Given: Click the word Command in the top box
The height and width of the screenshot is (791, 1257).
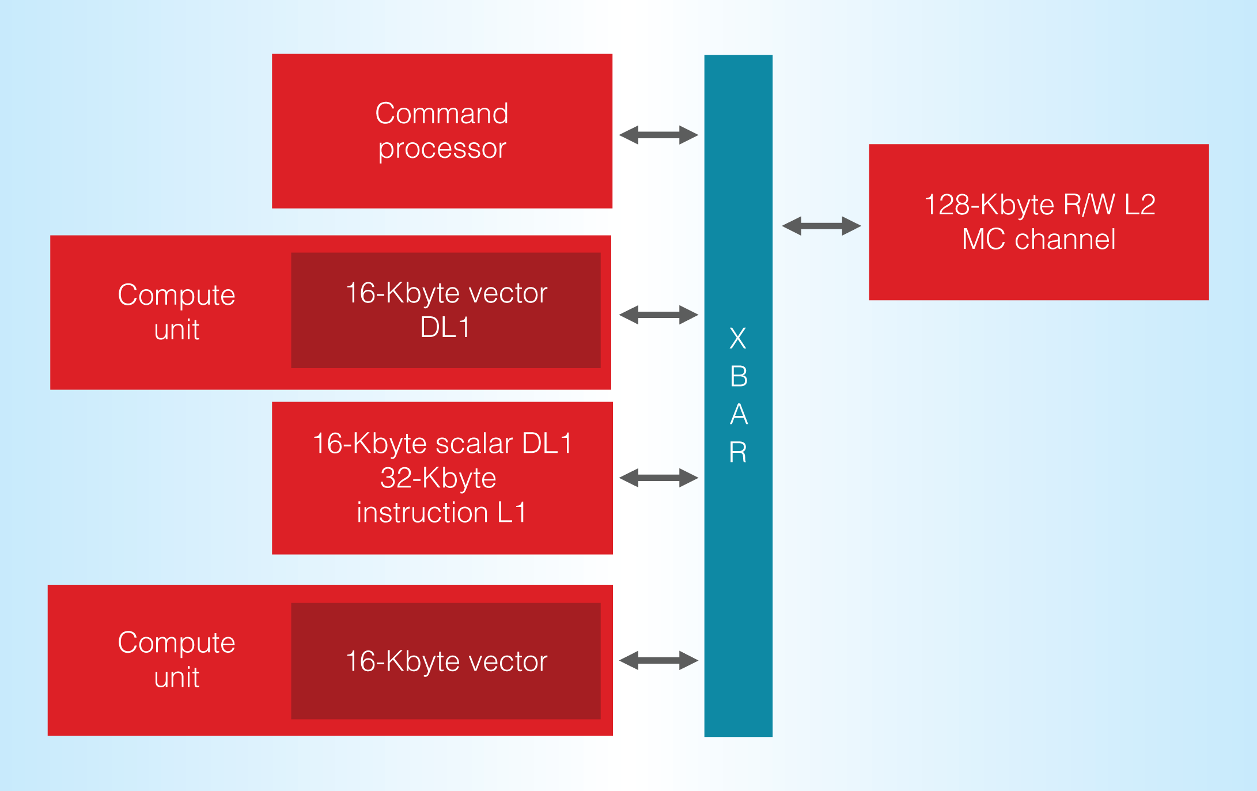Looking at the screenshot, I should [x=442, y=113].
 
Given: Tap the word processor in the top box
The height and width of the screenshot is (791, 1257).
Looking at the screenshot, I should [x=442, y=149].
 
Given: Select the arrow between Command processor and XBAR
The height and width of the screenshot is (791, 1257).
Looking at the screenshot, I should [x=658, y=135].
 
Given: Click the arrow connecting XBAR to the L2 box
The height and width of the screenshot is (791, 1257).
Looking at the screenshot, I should [x=821, y=226].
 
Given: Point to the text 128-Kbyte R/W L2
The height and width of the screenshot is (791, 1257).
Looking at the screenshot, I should [x=1039, y=205].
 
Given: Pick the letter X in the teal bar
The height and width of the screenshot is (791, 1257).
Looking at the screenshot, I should [x=738, y=338].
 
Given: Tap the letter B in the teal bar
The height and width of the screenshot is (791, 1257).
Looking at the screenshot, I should [x=739, y=377].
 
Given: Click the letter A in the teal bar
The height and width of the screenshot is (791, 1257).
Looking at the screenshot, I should [x=739, y=415].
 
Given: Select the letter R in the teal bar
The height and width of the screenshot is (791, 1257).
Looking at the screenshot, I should [x=738, y=453].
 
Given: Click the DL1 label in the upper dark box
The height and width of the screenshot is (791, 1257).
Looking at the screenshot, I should [x=445, y=327].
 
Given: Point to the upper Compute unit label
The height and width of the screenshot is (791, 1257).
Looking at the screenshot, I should [x=176, y=312].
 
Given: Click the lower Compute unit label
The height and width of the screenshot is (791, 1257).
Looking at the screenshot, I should [x=176, y=660].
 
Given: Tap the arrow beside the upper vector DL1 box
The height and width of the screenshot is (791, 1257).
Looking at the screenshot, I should [x=658, y=315].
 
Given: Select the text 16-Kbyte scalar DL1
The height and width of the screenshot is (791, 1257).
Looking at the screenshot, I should [x=442, y=444].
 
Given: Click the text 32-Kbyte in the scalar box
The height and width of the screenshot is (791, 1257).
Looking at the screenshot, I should [x=438, y=478].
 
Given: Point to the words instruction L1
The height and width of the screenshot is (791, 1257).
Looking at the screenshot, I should [x=442, y=513].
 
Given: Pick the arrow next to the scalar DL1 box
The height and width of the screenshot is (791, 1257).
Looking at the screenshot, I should [x=658, y=478].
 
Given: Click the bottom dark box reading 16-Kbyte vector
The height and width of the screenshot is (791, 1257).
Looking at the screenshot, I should [x=446, y=661].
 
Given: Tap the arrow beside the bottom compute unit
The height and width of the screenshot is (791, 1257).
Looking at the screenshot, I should [x=658, y=660].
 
